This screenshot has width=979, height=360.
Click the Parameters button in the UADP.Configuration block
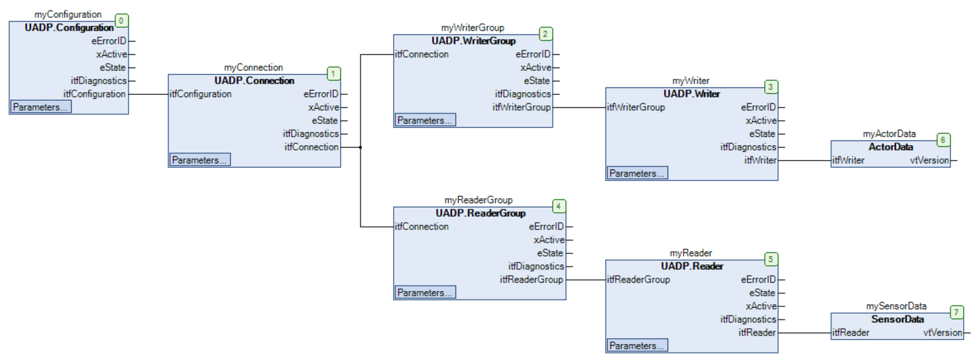click(40, 107)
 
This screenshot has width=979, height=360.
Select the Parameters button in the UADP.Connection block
click(200, 160)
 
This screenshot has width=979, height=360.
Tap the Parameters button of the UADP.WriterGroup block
click(425, 120)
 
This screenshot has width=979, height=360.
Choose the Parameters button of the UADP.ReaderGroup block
click(425, 292)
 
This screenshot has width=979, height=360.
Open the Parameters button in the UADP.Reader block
click(637, 345)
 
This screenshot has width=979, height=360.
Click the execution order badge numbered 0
click(121, 21)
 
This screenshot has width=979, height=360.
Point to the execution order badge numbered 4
click(559, 206)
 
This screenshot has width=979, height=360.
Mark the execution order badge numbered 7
click(956, 312)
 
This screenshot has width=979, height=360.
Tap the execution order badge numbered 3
click(770, 87)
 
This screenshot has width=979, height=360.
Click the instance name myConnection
click(254, 68)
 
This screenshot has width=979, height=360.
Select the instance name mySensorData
click(897, 306)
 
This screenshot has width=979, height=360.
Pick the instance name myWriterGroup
click(473, 28)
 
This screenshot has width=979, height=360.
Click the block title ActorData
click(890, 147)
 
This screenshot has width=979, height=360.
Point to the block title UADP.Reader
click(692, 267)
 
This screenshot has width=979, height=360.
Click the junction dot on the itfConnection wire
click(360, 147)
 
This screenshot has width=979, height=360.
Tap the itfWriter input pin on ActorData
click(848, 160)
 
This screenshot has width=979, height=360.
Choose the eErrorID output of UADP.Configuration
click(109, 41)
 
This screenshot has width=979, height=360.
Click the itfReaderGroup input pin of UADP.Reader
click(638, 280)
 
